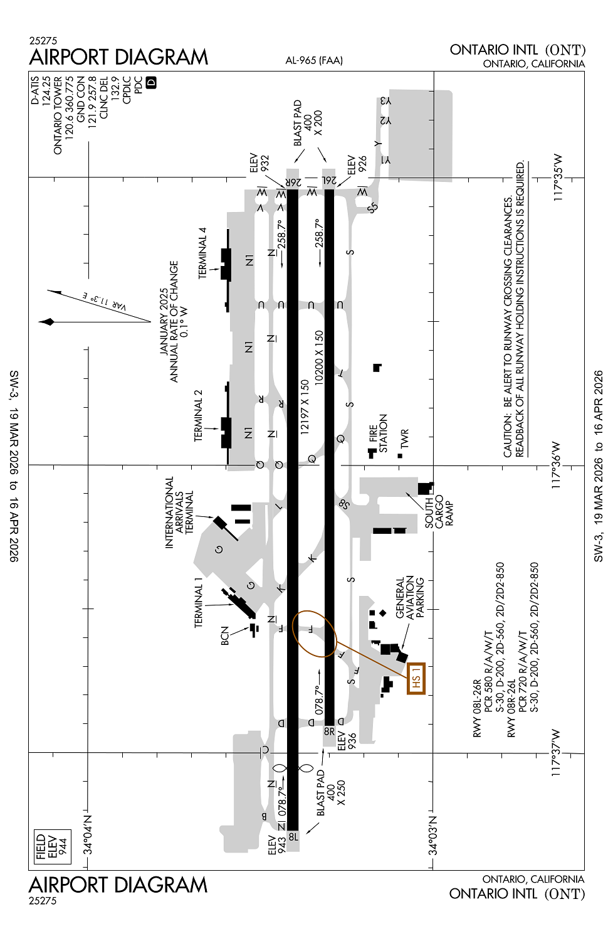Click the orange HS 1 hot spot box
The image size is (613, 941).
416,678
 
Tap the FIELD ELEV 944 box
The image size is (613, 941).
53,847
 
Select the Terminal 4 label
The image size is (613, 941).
203,253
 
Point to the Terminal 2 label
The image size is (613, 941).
198,415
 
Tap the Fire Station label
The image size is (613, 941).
378,433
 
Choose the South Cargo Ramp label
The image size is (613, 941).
439,511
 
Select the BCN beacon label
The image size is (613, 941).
225,635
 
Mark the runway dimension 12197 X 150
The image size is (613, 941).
305,407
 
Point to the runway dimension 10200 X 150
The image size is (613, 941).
319,358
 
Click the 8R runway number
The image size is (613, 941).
329,731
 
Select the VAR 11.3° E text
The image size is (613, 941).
104,302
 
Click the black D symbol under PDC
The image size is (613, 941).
150,82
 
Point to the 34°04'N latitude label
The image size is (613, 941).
88,835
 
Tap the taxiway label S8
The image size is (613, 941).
344,504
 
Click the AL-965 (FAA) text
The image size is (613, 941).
314,60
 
